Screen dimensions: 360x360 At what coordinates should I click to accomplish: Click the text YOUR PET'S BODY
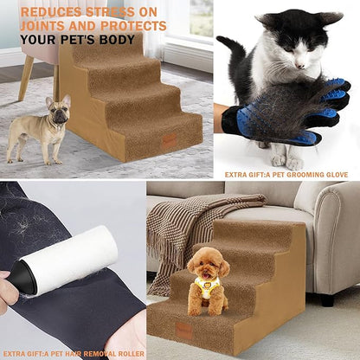click(x=77, y=40)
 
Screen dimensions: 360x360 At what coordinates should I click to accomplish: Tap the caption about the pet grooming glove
click(x=286, y=174)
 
